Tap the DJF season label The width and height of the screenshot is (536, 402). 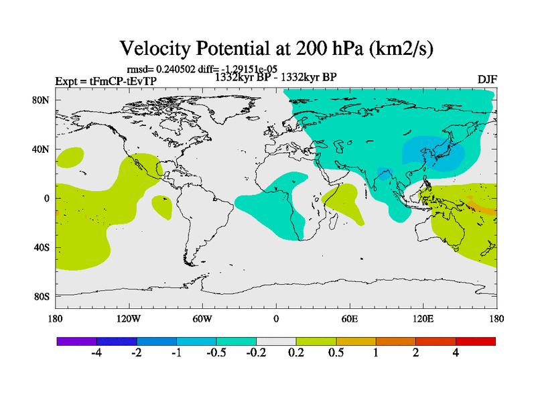point(487,79)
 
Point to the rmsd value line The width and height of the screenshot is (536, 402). point(199,68)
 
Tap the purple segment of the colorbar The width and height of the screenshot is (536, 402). point(76,341)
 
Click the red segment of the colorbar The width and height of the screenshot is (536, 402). point(475,341)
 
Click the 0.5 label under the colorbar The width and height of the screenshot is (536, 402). point(336,352)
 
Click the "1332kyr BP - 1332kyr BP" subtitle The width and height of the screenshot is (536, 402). point(275,77)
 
